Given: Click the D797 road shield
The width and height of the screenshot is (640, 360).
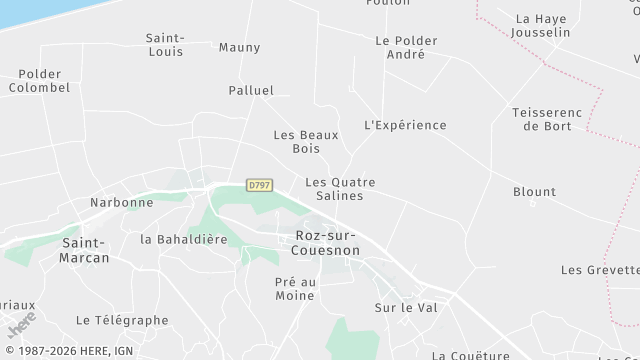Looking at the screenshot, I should (259, 185).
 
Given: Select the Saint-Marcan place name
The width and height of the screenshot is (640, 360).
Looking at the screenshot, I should (85, 249).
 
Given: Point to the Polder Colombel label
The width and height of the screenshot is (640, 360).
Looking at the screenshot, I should (39, 81).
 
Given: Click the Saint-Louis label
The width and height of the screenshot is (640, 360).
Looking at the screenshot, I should (164, 44).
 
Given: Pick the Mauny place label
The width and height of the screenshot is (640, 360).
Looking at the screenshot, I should (239, 47).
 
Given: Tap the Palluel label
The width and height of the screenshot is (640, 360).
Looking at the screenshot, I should (251, 90).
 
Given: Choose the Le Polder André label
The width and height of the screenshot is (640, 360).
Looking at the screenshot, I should (406, 47).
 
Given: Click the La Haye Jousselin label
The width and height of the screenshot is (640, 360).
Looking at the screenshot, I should (540, 25).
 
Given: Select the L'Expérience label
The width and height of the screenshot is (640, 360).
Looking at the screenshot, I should (405, 125).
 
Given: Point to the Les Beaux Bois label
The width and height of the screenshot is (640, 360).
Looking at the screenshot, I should (306, 142).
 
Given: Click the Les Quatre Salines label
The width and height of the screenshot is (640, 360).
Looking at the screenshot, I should (340, 189).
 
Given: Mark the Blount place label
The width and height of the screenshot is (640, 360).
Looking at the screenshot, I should (534, 192).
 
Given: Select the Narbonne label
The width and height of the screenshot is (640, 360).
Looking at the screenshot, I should (121, 202).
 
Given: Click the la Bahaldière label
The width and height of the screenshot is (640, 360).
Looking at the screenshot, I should (184, 239).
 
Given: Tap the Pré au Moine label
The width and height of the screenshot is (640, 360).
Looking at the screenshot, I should (295, 288).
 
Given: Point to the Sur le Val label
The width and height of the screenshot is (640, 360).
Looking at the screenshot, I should (401, 307).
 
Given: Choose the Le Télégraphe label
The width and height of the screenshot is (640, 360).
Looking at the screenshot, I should (122, 320).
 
